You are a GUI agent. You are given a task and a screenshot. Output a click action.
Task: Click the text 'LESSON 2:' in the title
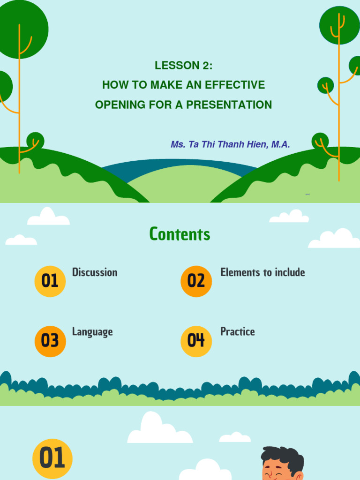pos(183,66)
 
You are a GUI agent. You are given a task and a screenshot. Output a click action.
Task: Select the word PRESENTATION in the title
pos(229,105)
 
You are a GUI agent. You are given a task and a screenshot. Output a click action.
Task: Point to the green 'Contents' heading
pos(180,234)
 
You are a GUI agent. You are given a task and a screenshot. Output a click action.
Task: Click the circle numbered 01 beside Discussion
pos(50,281)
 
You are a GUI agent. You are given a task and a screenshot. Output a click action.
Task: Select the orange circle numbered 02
pos(196,281)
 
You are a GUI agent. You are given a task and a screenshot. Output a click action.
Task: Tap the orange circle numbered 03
pos(50,341)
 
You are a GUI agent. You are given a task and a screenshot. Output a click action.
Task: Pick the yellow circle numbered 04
pos(196,341)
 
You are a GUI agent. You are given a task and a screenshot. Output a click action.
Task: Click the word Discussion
pos(95,272)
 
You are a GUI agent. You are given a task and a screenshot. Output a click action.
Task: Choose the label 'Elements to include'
pos(262,272)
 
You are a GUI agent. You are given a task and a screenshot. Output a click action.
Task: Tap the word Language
pos(92,332)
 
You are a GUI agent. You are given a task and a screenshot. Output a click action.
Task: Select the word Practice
pos(238,332)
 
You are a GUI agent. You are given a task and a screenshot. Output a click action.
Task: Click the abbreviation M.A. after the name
pos(280,144)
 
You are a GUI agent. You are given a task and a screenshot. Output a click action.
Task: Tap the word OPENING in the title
pos(120,105)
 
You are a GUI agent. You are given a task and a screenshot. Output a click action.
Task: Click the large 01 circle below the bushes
pos(52,458)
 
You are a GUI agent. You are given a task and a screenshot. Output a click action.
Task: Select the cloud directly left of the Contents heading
pos(48,217)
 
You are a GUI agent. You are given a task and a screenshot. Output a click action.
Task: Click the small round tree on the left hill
pos(35,140)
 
